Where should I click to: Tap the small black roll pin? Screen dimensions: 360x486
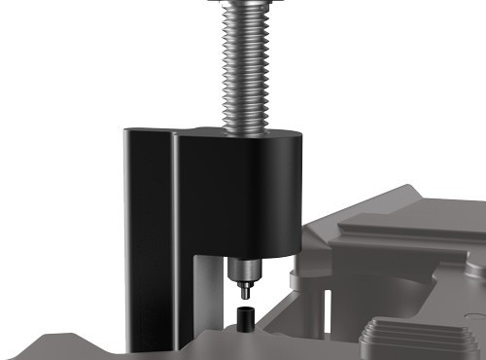point(244,316)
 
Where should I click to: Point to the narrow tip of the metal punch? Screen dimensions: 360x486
point(245,289)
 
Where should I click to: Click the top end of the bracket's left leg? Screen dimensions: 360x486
point(148,130)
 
